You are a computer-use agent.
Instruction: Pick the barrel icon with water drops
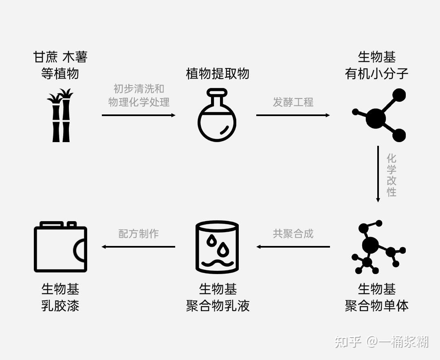pos(217,247)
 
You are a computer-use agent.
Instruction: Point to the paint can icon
pos(60,247)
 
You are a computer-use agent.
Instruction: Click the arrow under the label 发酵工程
pos(293,115)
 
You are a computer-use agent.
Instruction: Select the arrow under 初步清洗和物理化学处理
pos(139,115)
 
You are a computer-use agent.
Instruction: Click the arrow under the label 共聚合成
pos(293,247)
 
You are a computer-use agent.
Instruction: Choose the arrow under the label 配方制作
pos(139,247)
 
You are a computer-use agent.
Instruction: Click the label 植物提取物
pos(218,74)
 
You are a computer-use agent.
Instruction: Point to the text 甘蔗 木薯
pos(60,57)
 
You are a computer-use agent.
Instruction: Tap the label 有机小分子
pos(376,74)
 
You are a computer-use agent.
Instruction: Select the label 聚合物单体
pos(376,305)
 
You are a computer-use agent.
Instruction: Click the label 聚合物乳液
pos(218,305)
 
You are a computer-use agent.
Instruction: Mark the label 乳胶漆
pos(60,305)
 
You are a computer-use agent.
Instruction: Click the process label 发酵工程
pos(293,102)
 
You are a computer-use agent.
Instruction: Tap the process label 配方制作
pos(139,234)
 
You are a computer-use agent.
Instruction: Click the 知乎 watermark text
pos(348,342)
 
